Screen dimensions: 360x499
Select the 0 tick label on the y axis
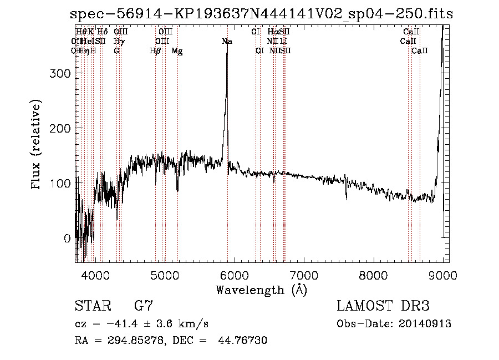click(x=67, y=239)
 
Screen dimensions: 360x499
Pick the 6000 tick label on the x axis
click(x=235, y=274)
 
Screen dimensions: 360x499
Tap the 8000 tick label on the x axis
click(x=374, y=274)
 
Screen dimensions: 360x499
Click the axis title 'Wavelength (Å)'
click(x=261, y=290)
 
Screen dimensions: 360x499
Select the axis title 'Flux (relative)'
click(x=37, y=145)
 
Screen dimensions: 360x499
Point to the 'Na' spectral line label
click(x=227, y=42)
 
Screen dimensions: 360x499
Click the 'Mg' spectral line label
click(x=177, y=51)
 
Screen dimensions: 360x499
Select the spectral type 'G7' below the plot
click(x=144, y=306)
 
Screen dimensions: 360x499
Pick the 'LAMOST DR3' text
click(x=383, y=306)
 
